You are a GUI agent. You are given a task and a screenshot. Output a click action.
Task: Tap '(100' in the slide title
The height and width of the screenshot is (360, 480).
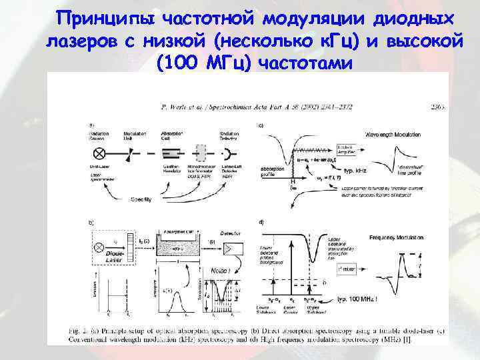[178, 64]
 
